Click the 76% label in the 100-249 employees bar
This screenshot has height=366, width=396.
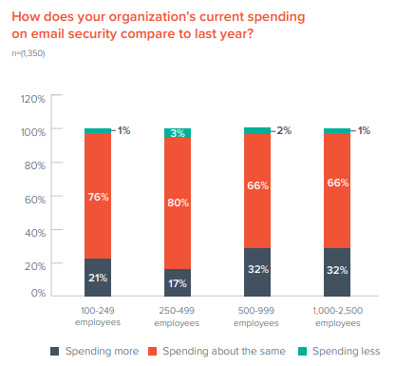pos(98,198)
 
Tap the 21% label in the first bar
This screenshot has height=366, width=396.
pos(98,278)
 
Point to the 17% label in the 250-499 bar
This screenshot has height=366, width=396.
pos(178,283)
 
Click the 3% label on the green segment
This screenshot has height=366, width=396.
pos(178,134)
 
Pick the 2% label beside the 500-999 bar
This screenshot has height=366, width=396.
pos(283,130)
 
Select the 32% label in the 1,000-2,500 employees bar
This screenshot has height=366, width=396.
pos(337,269)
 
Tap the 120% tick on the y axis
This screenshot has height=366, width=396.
pos(32,98)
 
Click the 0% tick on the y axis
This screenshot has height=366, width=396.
pos(37,294)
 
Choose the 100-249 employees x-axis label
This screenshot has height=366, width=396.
pos(98,317)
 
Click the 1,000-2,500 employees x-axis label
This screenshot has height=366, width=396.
pos(337,317)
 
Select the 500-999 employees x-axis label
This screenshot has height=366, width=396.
pos(257,317)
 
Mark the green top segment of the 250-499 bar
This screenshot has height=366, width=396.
pos(178,133)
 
